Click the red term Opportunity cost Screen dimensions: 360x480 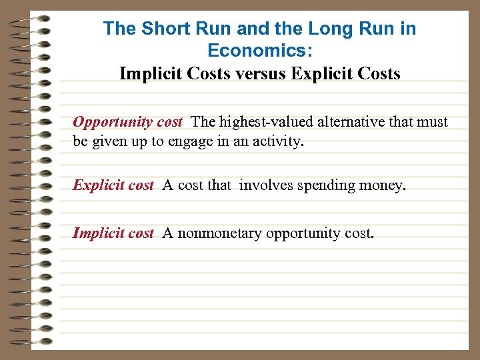[127, 122]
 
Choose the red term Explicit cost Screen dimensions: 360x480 [113, 185]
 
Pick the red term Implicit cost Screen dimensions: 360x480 [113, 233]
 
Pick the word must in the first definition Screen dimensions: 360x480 [433, 122]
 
